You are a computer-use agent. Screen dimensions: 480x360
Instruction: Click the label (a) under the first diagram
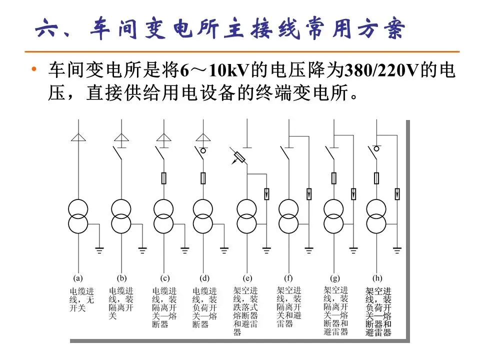pos(78,278)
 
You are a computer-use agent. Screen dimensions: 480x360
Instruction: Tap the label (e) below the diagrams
pos(248,278)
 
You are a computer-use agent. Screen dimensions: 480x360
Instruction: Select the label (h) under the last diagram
pos(377,278)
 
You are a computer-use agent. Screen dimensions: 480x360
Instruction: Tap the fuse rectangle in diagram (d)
pos(203,177)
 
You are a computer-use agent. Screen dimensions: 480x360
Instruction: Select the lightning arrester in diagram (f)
pos(309,193)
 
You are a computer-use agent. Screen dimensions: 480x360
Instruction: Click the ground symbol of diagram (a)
pos(99,249)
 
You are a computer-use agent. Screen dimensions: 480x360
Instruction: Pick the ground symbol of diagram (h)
pos(397,249)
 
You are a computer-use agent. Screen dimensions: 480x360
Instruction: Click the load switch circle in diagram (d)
pos(204,149)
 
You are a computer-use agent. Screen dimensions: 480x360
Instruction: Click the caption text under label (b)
pos(121,303)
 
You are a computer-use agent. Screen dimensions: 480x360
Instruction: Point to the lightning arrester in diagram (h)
pos(397,193)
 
